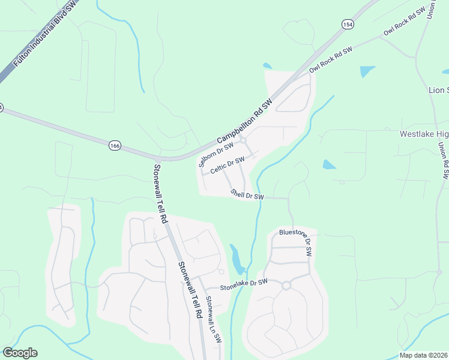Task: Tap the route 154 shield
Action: click(x=348, y=24)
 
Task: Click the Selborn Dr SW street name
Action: click(x=215, y=153)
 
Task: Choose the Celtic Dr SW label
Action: click(x=228, y=164)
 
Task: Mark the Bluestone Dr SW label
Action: click(x=296, y=242)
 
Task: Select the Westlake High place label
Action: click(x=424, y=134)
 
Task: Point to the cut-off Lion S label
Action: click(x=438, y=90)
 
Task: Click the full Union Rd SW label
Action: click(x=444, y=160)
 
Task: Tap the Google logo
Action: click(x=20, y=353)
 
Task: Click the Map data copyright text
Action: click(x=423, y=355)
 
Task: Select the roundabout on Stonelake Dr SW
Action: click(x=286, y=286)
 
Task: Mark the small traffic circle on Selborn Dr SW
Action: click(x=244, y=141)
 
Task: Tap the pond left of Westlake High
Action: click(x=329, y=164)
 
